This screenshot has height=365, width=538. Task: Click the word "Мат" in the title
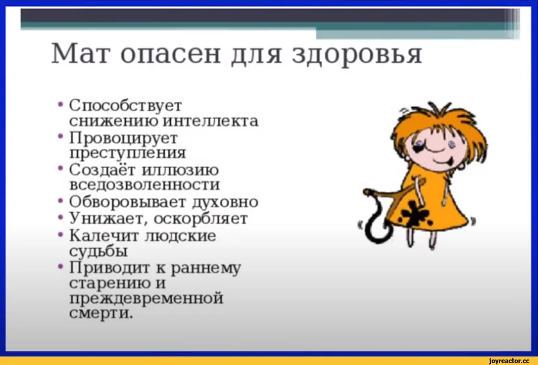(82, 53)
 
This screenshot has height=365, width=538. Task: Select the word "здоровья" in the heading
(357, 55)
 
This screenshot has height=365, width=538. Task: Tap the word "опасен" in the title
(171, 54)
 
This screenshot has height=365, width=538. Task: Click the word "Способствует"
(125, 106)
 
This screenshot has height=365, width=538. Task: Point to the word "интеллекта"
(210, 121)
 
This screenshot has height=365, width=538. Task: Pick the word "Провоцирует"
(123, 139)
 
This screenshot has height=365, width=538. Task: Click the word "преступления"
(127, 153)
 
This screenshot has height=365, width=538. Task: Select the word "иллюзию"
(180, 170)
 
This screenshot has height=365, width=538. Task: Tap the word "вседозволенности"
(145, 185)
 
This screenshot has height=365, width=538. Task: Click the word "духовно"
(224, 202)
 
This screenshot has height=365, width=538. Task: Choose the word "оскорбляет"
(201, 219)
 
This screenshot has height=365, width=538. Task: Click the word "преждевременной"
(146, 299)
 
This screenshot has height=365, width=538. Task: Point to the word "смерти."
(101, 313)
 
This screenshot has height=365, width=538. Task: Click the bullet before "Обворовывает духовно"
(61, 200)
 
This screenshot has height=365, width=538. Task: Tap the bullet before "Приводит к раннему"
(61, 266)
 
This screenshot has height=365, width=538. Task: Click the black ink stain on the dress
(416, 214)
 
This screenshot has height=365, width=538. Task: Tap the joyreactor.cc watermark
(509, 361)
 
